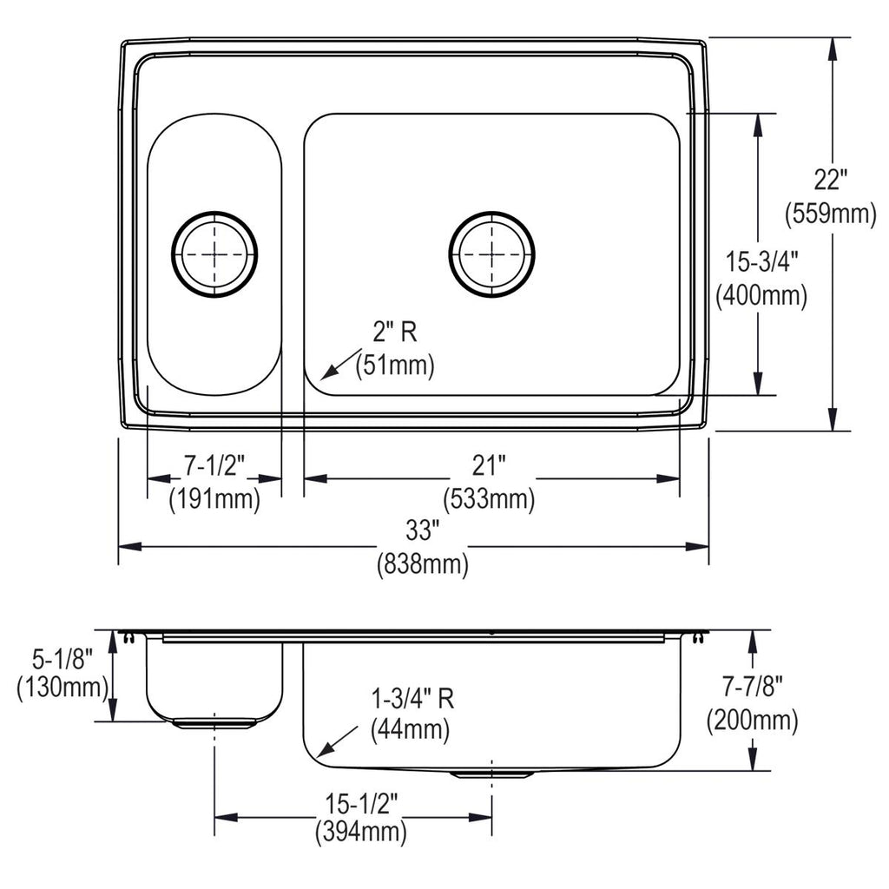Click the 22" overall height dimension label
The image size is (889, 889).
coord(830,181)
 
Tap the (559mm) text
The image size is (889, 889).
coord(831,214)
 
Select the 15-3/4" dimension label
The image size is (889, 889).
coord(762,262)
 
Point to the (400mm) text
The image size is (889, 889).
coord(761,295)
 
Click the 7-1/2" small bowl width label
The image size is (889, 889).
coord(214,466)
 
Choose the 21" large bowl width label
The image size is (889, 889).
coord(489,466)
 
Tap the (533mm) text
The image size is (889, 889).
coord(489,499)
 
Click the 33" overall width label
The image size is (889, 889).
coord(423,531)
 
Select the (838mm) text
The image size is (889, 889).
coord(423,564)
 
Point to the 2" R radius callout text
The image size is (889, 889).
coord(395,332)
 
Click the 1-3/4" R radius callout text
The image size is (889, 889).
coord(412,699)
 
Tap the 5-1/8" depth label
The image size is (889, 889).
coord(63,660)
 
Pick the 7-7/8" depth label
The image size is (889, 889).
coord(753,687)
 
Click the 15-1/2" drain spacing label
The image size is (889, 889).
coord(361,803)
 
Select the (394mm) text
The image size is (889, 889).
coord(361,833)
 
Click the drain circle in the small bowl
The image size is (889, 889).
coord(172,254)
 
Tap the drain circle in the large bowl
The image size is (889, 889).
coord(449,254)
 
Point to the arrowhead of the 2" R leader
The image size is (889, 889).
coord(321,379)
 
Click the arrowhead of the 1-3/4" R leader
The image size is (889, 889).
coord(318,756)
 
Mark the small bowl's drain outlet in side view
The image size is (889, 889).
coord(214,724)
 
